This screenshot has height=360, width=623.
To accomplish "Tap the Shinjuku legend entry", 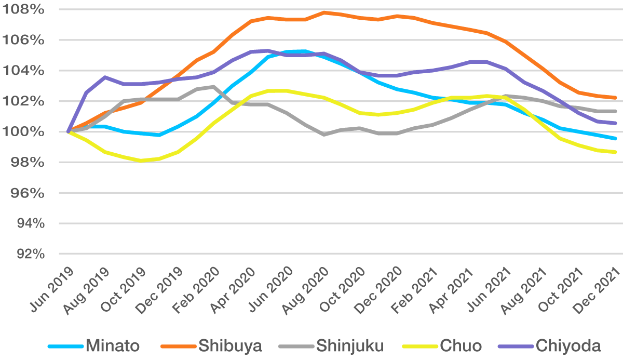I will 350,345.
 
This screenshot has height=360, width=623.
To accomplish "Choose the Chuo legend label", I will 461,345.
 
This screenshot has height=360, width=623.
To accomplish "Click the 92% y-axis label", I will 26,254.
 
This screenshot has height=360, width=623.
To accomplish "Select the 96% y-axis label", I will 26,193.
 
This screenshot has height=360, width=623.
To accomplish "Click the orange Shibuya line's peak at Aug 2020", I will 324,12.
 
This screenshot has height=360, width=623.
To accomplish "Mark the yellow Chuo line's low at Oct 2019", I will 141,161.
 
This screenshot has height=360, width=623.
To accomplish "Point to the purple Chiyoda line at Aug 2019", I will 105,77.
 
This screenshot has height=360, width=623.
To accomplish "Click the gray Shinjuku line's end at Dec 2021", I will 616,111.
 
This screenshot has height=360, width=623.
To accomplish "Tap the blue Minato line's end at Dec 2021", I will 616,138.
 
